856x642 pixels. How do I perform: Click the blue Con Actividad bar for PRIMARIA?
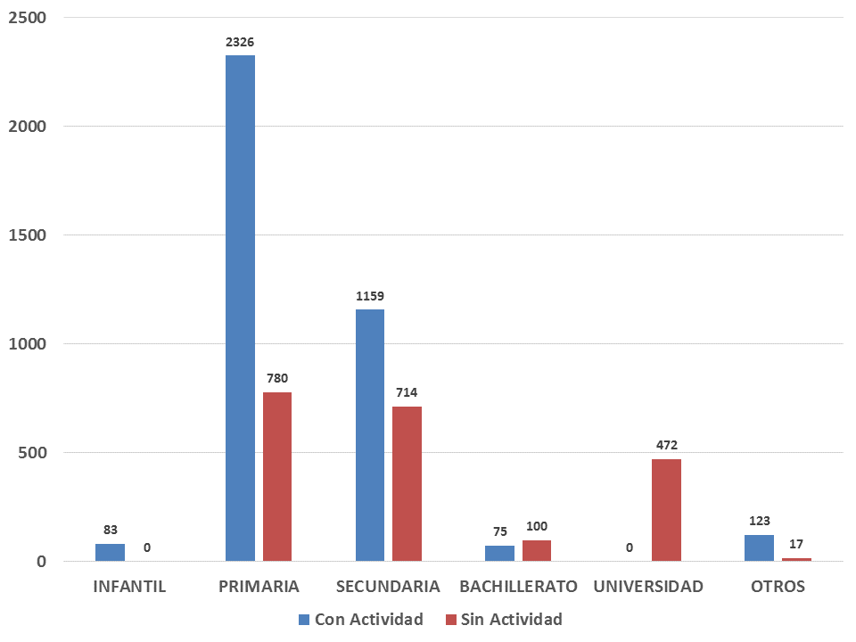[x=240, y=308]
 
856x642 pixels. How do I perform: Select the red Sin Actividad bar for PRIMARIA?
[x=277, y=476]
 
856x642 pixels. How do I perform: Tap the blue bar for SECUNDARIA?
[x=370, y=435]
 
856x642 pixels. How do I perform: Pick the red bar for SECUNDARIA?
[x=407, y=483]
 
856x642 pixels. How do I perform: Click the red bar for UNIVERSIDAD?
[x=666, y=510]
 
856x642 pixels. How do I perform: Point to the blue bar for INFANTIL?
[x=110, y=552]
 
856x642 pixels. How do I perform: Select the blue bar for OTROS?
[x=759, y=547]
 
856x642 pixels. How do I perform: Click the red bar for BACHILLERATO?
[x=537, y=550]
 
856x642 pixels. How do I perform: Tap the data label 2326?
[x=240, y=42]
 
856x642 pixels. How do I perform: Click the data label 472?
[x=666, y=445]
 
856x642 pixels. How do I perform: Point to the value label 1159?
[x=370, y=296]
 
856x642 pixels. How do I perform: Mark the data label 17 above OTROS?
[x=796, y=543]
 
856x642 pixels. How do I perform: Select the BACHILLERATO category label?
[x=518, y=587]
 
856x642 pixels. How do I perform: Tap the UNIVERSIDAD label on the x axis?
[x=648, y=587]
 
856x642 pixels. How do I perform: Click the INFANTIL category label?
[x=129, y=587]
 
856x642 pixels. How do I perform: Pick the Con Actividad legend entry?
[x=360, y=619]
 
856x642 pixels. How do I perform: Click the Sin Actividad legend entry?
[x=504, y=619]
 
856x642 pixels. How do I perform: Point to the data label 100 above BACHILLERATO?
[x=537, y=526]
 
